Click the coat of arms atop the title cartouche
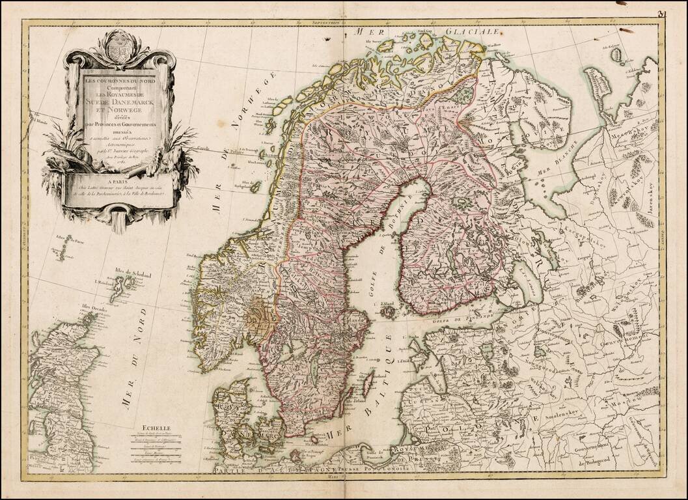(x=119, y=49)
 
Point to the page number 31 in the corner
(x=662, y=12)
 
